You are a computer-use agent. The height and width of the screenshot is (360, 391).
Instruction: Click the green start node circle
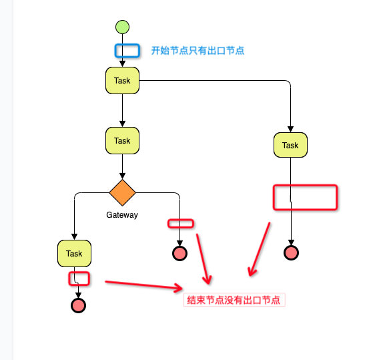click(x=122, y=27)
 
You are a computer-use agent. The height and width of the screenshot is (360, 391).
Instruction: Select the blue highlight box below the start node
click(x=127, y=50)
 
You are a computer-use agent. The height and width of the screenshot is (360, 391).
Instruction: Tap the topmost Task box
click(x=122, y=81)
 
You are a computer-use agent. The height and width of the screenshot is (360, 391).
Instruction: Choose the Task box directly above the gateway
click(x=122, y=141)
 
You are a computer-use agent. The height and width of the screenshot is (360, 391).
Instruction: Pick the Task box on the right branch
click(x=290, y=145)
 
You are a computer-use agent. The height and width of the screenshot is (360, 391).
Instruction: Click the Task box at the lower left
click(x=74, y=253)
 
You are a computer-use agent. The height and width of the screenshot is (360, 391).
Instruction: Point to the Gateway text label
click(x=122, y=215)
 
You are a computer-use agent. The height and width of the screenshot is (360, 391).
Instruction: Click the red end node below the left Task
click(x=78, y=306)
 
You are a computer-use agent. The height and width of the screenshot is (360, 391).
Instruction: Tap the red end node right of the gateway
click(x=179, y=253)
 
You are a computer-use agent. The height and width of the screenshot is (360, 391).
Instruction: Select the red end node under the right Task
click(x=291, y=252)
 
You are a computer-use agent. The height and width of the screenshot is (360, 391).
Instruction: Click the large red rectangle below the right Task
click(x=306, y=197)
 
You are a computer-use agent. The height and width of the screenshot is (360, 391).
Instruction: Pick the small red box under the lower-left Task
click(x=79, y=279)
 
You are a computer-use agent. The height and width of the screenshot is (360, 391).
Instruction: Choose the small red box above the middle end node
click(x=180, y=224)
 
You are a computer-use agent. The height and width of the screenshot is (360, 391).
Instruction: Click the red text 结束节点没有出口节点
click(x=234, y=301)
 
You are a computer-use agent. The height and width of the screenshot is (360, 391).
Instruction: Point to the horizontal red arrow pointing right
click(x=143, y=286)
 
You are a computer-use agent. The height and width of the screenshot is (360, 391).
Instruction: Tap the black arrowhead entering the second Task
click(x=122, y=124)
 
